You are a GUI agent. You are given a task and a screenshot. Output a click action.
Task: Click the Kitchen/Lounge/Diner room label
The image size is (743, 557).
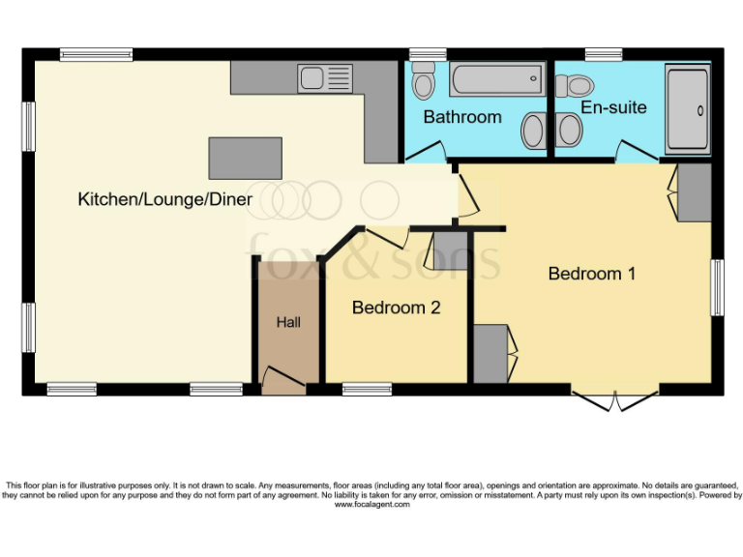tap(164, 200)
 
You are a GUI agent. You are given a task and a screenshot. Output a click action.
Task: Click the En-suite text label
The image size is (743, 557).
tap(613, 106)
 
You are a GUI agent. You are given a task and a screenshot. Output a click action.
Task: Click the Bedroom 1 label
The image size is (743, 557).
tap(591, 274)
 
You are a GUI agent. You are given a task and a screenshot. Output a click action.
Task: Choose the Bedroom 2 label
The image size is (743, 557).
tap(396, 308)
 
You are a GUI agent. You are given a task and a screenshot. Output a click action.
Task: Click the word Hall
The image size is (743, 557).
tap(288, 322)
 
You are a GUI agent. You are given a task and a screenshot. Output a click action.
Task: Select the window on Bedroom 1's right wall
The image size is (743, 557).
tap(717, 287)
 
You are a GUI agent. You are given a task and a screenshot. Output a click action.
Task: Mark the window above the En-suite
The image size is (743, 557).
tap(604, 54)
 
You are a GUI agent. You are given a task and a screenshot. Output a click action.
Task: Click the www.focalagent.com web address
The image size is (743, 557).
tap(371, 505)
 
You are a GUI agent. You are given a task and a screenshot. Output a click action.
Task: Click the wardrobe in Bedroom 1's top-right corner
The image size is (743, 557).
tap(694, 192)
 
